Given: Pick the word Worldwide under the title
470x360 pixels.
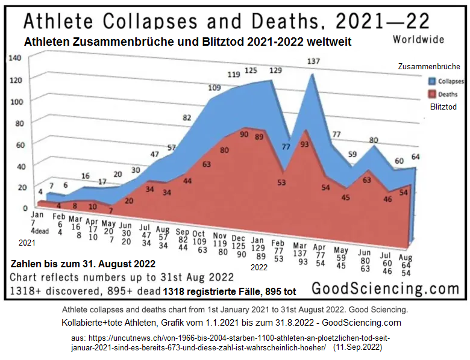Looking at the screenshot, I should (418, 40).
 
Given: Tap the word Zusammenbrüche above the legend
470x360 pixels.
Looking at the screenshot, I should (429, 66).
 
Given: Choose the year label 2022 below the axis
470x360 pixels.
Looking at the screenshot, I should (259, 267).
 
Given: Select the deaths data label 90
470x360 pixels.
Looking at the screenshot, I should (244, 135).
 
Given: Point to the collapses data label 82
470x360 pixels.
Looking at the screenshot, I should (187, 118).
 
